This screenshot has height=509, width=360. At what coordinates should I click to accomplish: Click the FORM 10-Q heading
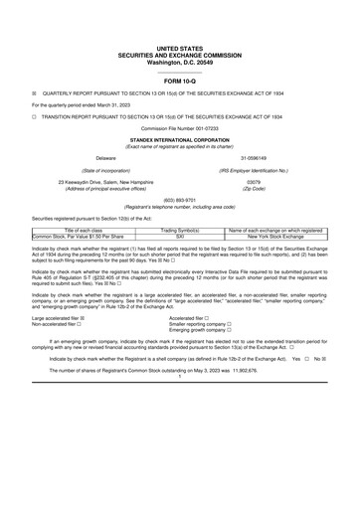pyautogui.click(x=180, y=81)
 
